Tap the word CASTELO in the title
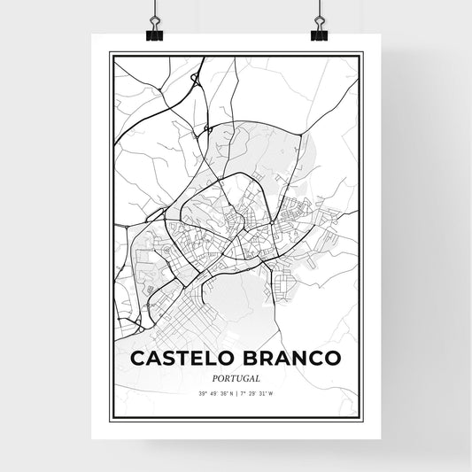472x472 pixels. click(183, 359)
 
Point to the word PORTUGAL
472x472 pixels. click(236, 377)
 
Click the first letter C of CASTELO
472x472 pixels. click(136, 359)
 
